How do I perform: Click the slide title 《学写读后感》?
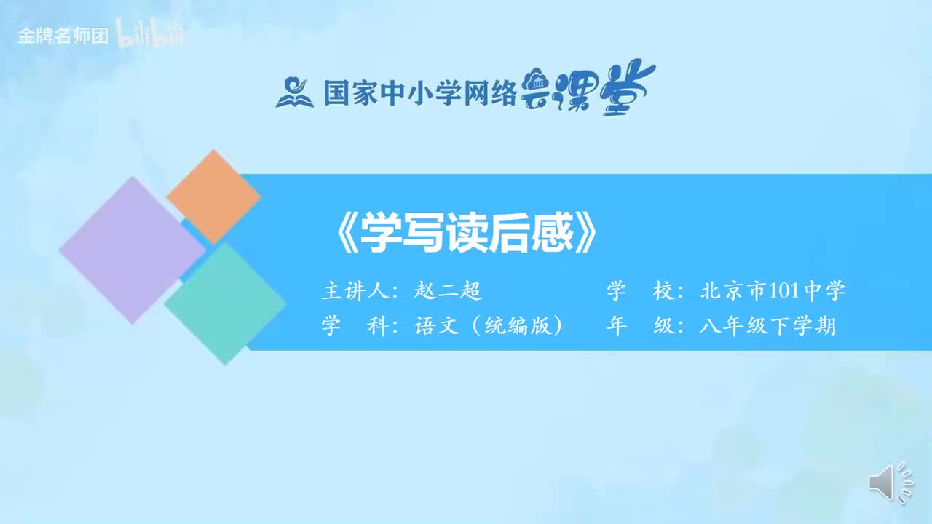point(466,232)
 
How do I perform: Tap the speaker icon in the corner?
point(890,482)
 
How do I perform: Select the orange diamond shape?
point(213,196)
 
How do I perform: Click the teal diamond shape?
point(224,303)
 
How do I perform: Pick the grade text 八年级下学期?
point(767,326)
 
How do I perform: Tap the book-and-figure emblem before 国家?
point(294,92)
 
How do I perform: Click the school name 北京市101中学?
point(773,292)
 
